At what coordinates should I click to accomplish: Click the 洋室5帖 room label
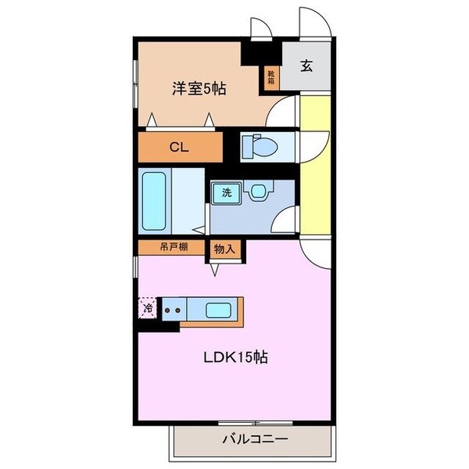[x=199, y=89]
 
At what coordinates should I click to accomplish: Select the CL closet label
[x=180, y=146]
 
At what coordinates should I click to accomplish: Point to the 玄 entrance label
[x=307, y=66]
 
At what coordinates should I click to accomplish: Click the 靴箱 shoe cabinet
[x=271, y=76]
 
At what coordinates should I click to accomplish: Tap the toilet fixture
[x=256, y=145]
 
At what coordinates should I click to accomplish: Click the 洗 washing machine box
[x=226, y=192]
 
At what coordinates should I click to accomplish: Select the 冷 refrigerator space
[x=148, y=307]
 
